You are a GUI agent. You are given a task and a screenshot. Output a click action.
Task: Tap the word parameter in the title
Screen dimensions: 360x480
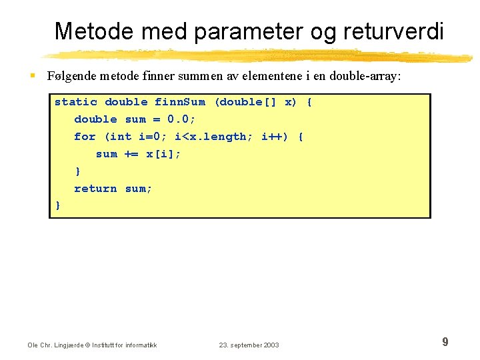[x=246, y=31]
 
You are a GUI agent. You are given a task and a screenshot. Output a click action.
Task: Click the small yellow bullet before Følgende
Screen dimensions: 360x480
[x=33, y=77]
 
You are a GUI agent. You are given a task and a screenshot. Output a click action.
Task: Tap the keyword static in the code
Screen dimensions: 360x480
[x=76, y=102]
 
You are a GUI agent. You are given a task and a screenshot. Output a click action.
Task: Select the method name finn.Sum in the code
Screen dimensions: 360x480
[x=180, y=102]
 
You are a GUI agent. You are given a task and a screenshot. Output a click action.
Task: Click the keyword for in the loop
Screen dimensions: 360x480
[x=85, y=137]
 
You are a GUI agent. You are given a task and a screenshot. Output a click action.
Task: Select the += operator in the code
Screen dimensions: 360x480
[x=131, y=154]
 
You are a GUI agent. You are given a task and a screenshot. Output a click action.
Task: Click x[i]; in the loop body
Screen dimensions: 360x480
[x=163, y=154]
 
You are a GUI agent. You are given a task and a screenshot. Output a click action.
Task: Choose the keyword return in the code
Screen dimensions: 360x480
[x=95, y=189]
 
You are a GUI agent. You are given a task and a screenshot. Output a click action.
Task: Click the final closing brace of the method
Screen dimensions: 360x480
[x=57, y=206]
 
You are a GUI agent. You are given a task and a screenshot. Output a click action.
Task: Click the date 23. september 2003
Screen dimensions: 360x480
[x=249, y=345]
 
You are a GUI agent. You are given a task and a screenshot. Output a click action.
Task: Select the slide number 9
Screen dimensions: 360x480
[x=445, y=342]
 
